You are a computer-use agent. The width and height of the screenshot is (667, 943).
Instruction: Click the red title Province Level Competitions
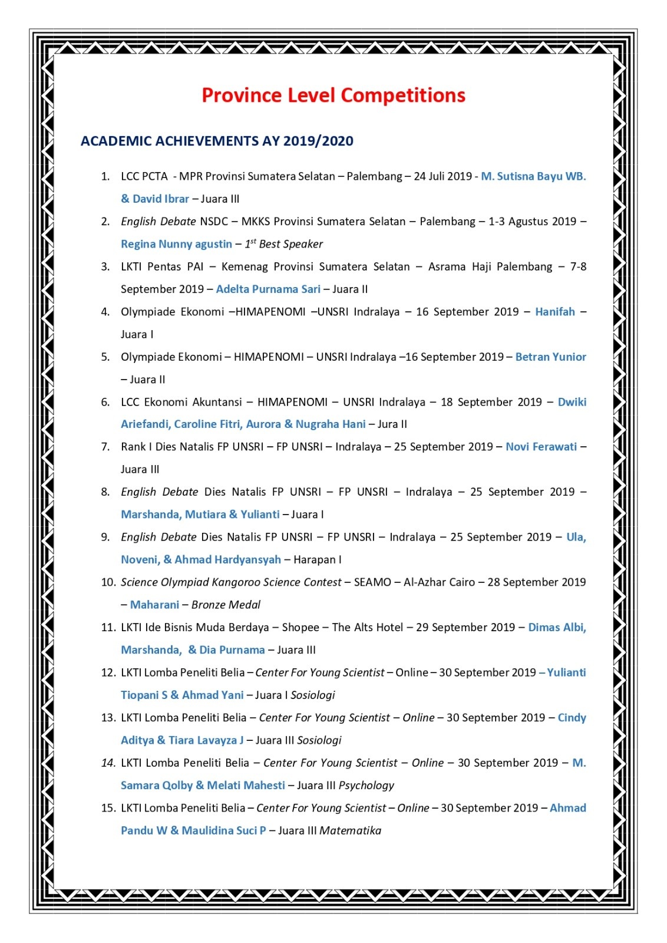tap(333, 95)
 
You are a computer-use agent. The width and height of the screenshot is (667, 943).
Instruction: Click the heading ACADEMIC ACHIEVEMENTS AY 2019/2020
tap(217, 141)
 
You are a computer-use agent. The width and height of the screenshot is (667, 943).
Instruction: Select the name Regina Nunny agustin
tap(176, 244)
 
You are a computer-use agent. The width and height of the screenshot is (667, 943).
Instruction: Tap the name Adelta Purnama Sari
tap(268, 289)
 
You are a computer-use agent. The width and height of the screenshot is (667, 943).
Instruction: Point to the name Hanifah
tap(554, 312)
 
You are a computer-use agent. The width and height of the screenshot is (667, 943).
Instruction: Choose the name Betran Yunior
tap(550, 357)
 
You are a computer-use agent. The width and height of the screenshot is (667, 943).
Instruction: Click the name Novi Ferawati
tap(541, 447)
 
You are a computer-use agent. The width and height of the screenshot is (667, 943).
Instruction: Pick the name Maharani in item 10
tap(154, 605)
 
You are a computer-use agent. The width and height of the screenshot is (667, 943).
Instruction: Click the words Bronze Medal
tap(226, 605)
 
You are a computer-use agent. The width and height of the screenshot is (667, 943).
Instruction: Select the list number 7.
tap(105, 447)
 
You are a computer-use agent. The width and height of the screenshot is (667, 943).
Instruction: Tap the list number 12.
tap(108, 672)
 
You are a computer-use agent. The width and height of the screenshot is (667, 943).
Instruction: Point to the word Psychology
tap(366, 785)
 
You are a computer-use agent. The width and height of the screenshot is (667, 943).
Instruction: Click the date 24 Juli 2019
tap(443, 176)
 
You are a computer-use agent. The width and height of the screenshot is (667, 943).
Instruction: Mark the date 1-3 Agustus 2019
tap(532, 222)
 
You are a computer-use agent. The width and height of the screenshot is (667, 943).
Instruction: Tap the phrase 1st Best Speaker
tap(284, 244)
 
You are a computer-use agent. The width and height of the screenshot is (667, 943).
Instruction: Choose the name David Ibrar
tap(160, 199)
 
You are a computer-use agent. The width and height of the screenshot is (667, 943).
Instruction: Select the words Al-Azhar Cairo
tap(439, 582)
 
